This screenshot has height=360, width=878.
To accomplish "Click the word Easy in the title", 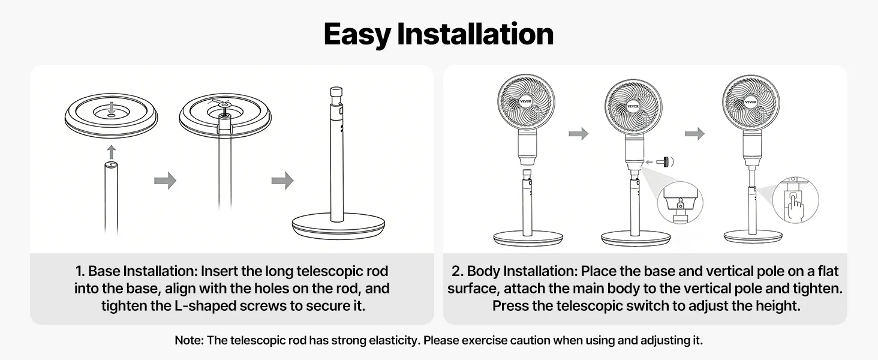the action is click(x=357, y=35).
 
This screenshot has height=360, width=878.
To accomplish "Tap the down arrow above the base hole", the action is click(x=112, y=107).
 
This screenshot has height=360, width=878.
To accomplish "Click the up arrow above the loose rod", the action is click(x=112, y=152).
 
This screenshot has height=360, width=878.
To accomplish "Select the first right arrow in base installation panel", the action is click(x=166, y=181).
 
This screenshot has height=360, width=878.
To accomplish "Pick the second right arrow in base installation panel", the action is click(x=282, y=181).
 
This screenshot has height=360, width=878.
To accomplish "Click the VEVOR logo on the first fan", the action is click(x=525, y=101).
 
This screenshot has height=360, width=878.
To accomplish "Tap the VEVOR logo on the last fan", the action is click(x=751, y=102).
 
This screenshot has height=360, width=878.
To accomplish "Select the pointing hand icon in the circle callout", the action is click(x=795, y=206).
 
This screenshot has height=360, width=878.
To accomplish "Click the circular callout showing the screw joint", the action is click(x=680, y=203).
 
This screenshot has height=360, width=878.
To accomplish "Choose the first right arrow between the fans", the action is click(x=579, y=133).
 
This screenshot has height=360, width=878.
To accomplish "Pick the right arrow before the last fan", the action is click(x=694, y=133).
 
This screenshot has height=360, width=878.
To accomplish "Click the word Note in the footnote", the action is click(x=189, y=340).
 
